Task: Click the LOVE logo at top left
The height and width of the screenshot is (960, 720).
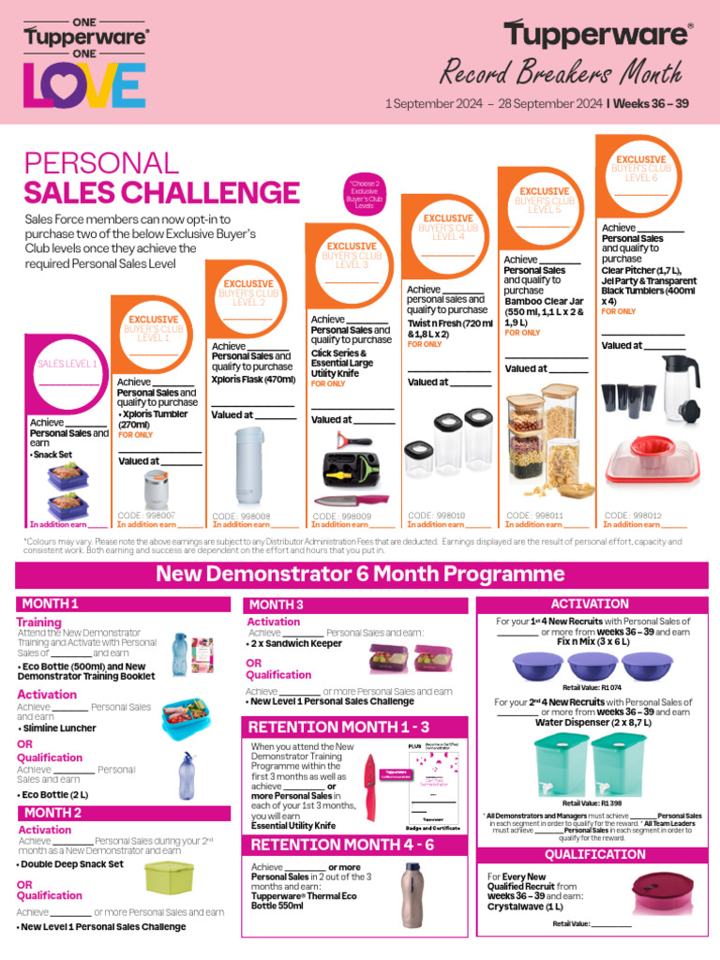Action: click(x=84, y=85)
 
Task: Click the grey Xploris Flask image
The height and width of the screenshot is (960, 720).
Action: click(x=252, y=465)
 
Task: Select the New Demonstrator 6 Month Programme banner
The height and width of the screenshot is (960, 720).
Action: click(x=360, y=574)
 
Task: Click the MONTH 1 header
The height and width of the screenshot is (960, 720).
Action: click(x=51, y=604)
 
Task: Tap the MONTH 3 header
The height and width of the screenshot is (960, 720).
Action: click(x=277, y=605)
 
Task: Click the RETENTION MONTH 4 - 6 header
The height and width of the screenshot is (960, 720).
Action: click(x=340, y=845)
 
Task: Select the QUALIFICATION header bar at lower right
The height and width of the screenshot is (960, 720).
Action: click(x=595, y=855)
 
